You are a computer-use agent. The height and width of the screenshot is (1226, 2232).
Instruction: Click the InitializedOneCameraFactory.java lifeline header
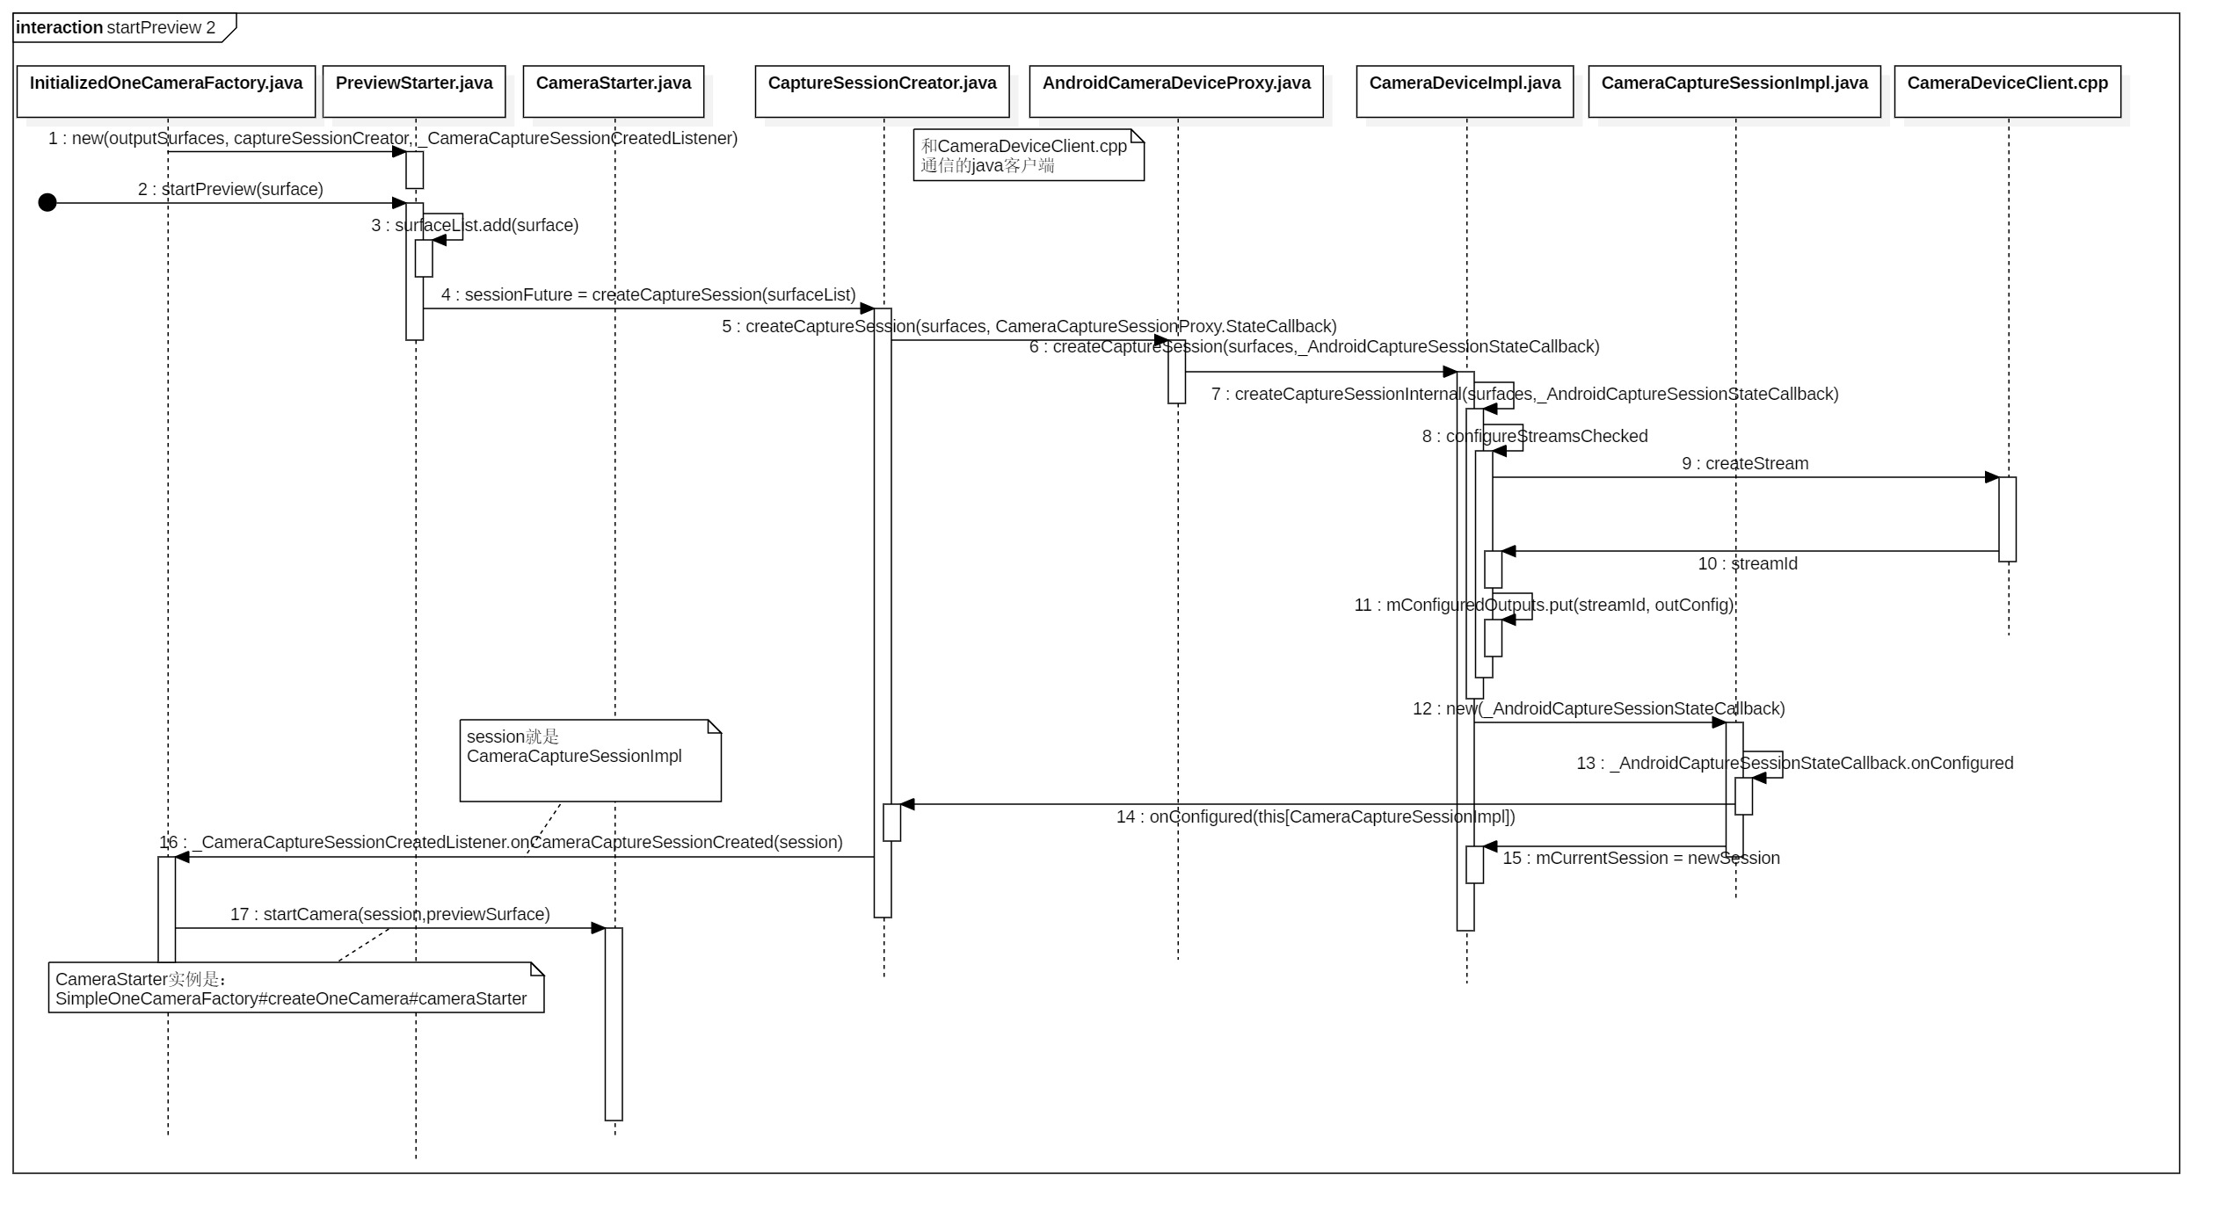tap(166, 91)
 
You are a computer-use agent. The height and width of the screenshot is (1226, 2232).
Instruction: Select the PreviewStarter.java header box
tap(414, 91)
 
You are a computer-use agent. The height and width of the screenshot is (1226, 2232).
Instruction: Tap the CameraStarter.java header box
tap(614, 91)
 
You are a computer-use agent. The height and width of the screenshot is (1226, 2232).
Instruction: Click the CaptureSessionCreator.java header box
tap(882, 91)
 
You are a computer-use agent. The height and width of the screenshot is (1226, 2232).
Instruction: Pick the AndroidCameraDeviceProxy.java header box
tap(1176, 91)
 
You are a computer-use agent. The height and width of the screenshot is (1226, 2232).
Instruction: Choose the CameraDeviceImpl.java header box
tap(1465, 91)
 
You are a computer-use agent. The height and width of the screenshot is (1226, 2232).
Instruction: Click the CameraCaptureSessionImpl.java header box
tap(1734, 91)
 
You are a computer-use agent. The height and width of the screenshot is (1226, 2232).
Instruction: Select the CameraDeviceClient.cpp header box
tap(2007, 91)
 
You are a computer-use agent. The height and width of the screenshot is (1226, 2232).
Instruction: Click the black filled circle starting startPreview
tap(47, 203)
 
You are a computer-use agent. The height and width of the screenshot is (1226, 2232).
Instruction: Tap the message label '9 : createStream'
tap(1745, 463)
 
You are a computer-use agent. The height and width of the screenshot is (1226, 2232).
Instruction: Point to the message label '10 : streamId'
tap(1747, 563)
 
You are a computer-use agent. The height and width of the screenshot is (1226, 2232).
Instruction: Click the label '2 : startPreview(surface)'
tap(230, 189)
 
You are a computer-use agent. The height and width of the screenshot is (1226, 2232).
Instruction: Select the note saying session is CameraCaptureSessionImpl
tap(590, 760)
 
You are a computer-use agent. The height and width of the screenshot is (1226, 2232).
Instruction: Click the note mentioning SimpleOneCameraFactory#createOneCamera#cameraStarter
tap(295, 988)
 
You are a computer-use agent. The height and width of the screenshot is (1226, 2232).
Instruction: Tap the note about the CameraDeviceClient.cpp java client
tap(1028, 156)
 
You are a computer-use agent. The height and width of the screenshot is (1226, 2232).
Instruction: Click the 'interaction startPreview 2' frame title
tap(116, 27)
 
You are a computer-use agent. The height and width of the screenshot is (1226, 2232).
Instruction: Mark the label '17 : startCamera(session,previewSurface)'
tap(389, 914)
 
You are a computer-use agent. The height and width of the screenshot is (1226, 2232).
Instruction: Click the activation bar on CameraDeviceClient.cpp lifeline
tap(2007, 519)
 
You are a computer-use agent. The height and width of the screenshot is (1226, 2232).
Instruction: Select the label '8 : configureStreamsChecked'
tap(1534, 436)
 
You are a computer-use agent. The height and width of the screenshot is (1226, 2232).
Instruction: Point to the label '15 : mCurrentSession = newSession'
tap(1640, 858)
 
